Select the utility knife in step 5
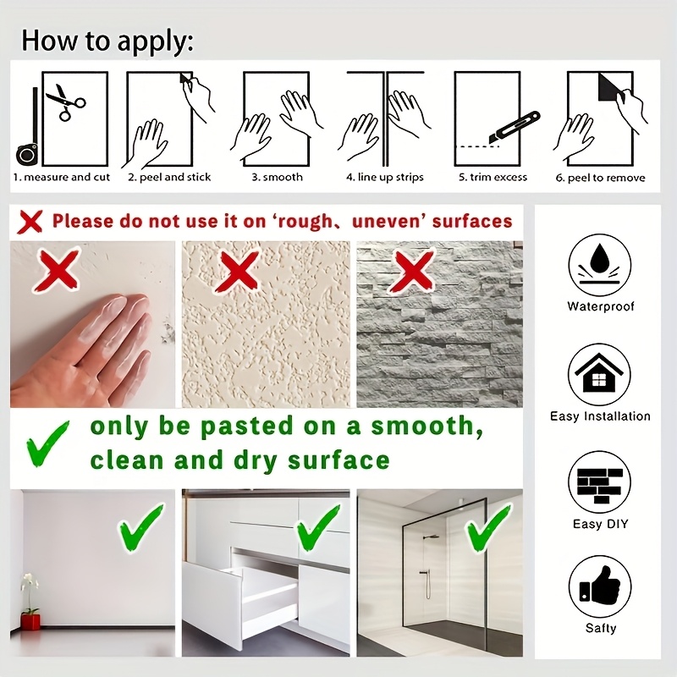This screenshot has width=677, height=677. tap(514, 128)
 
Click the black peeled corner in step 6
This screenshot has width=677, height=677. tap(609, 88)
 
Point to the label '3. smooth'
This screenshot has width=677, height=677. tap(278, 177)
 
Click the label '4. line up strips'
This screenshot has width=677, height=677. tap(385, 178)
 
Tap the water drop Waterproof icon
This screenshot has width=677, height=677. tap(599, 265)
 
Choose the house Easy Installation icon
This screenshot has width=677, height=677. tap(599, 374)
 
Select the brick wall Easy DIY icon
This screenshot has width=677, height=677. tap(599, 482)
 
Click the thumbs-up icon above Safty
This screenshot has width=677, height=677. tap(599, 586)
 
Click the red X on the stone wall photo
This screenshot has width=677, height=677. tap(411, 271)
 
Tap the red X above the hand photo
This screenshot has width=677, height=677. tap(58, 271)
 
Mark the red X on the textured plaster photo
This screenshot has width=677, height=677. tap(239, 271)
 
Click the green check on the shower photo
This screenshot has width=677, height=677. tap(489, 528)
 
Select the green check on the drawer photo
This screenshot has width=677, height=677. tap(318, 528)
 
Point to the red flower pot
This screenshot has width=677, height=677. tap(30, 622)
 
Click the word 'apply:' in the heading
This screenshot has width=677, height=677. tap(156, 41)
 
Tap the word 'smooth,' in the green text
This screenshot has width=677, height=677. tap(427, 427)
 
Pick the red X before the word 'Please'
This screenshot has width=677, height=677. tap(30, 222)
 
